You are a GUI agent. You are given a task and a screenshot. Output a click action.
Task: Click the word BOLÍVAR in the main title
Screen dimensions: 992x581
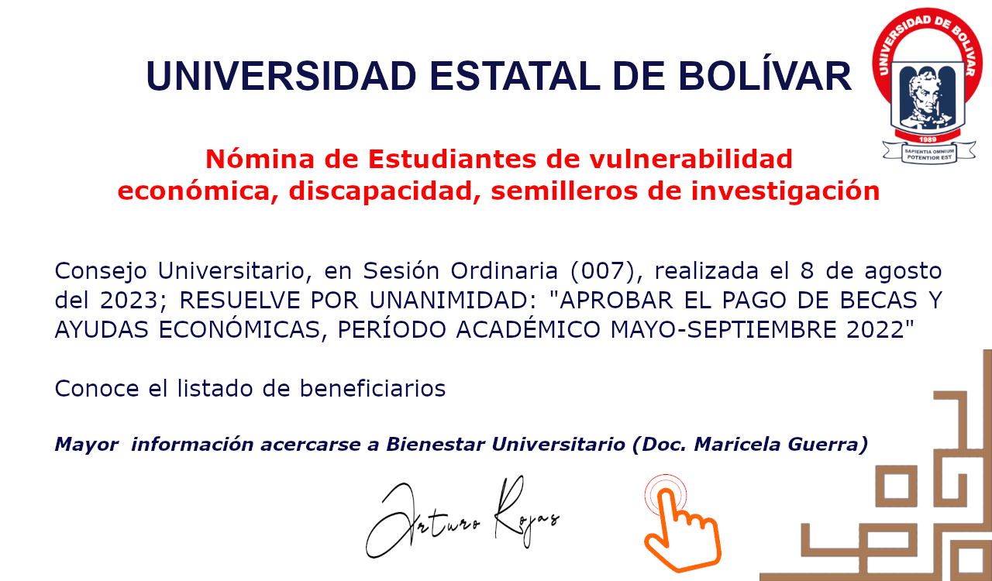[765, 76]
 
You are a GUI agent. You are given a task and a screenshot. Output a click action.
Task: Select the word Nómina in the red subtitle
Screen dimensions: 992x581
[260, 159]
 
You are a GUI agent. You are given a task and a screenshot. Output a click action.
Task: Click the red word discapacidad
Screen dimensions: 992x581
[384, 191]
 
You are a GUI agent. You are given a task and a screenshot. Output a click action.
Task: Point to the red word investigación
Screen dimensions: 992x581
[785, 191]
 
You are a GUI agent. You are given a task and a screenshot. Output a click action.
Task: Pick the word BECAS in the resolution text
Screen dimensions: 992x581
[879, 301]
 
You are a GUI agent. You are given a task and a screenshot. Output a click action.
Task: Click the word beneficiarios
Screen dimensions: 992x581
[373, 388]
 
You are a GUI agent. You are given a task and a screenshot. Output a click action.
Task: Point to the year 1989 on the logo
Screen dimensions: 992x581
[928, 139]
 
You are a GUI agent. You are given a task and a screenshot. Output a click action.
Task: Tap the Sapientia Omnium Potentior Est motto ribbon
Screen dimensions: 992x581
[929, 153]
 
